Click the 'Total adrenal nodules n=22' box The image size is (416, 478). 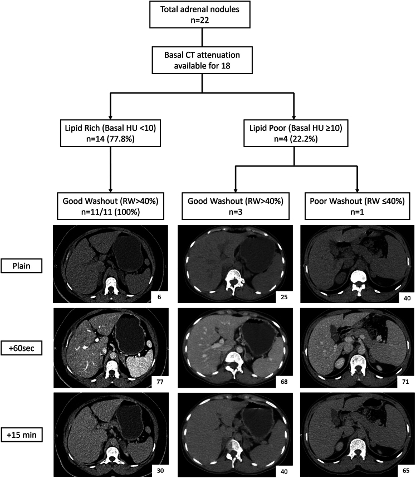[x=199, y=14]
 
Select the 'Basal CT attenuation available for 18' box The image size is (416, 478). [x=202, y=60]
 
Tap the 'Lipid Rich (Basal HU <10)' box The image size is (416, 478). [x=110, y=133]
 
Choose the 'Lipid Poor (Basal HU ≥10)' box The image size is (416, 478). [x=296, y=133]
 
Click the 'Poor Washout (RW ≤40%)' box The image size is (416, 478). [x=357, y=206]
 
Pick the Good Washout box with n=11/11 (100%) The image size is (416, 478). [x=110, y=206]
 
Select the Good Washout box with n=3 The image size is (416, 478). [x=235, y=206]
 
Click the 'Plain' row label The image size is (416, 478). [x=21, y=266]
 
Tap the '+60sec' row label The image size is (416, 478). [x=21, y=348]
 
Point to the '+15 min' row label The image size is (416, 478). [x=21, y=435]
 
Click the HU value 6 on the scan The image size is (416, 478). [x=159, y=297]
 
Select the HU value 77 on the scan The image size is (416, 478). [x=160, y=382]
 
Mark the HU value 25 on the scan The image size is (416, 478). [x=284, y=297]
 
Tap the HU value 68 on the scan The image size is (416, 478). [x=284, y=382]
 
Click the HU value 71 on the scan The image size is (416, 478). [x=405, y=382]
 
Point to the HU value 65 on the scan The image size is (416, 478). [x=406, y=471]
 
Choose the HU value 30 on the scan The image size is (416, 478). [x=160, y=471]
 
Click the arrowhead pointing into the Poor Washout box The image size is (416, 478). [x=357, y=189]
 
